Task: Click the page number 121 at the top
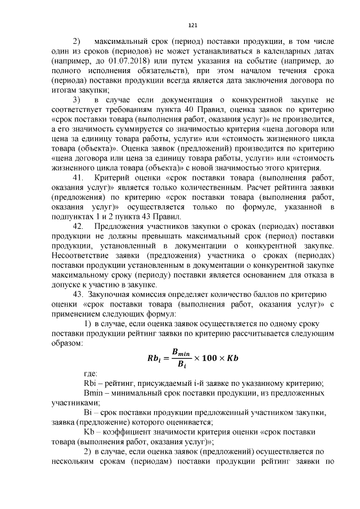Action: tap(192, 25)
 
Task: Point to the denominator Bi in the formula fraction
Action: tap(181, 365)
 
